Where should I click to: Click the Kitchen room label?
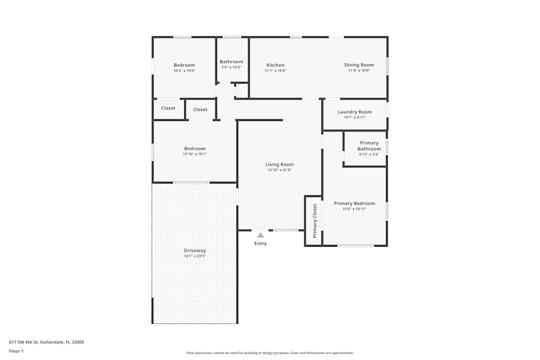point(275,65)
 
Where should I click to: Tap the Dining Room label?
point(359,65)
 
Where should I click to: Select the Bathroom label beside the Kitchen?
point(231,62)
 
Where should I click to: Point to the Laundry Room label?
point(355,112)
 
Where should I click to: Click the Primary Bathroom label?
point(369,146)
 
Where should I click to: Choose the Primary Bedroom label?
point(354,203)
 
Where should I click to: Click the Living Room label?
point(279,165)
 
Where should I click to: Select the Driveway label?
point(194,250)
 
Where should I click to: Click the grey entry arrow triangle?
point(260,235)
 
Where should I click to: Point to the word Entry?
point(260,243)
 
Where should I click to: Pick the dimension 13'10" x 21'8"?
point(280,171)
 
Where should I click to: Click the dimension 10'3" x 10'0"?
point(184,71)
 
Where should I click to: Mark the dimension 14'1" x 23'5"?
point(194,256)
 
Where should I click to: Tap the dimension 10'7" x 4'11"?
point(355,117)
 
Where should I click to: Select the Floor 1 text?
point(16,351)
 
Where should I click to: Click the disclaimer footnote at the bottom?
point(270,353)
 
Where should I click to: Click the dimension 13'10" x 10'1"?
point(194,154)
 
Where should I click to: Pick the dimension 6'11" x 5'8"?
point(369,154)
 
